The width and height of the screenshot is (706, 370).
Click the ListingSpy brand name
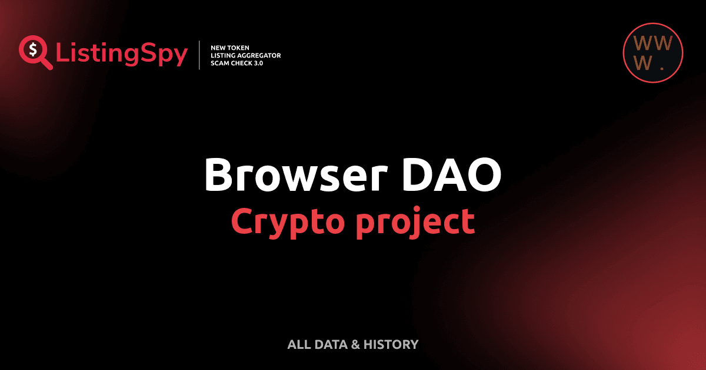122,54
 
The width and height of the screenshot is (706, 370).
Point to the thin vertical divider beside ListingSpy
200,55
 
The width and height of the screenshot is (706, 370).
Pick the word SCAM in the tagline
220,63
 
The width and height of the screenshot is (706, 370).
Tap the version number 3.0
257,63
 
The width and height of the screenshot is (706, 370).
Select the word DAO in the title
453,174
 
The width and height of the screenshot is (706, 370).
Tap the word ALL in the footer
298,344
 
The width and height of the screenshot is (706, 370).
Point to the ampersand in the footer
355,344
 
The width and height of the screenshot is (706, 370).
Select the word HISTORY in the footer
391,344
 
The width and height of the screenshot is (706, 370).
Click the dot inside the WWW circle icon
662,69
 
